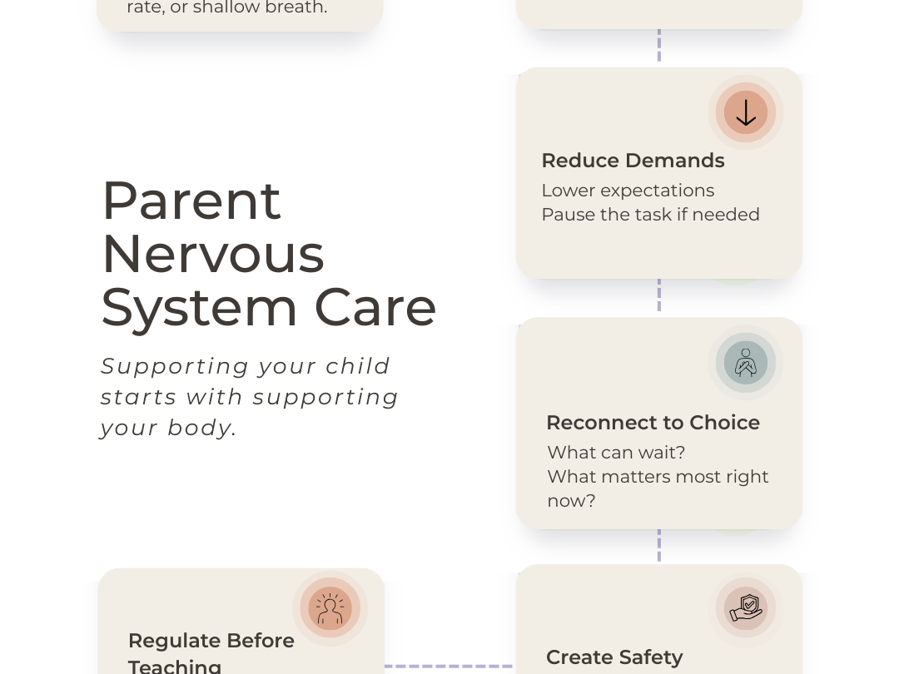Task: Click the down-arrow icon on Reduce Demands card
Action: click(x=745, y=112)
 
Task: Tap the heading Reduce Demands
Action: click(x=633, y=161)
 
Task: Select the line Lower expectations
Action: click(x=628, y=191)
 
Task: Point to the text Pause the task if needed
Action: click(x=650, y=215)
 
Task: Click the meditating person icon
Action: click(x=745, y=363)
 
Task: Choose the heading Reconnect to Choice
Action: click(x=653, y=423)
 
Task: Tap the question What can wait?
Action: click(x=616, y=453)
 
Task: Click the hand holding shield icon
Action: click(x=745, y=608)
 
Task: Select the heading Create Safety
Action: click(x=614, y=657)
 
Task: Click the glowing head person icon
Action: click(x=330, y=608)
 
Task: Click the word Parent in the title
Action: click(x=191, y=201)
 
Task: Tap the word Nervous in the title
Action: click(x=212, y=254)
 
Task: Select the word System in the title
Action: click(x=200, y=307)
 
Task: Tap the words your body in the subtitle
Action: click(x=168, y=428)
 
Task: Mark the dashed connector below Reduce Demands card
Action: click(x=659, y=295)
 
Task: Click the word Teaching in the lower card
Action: click(x=175, y=666)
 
